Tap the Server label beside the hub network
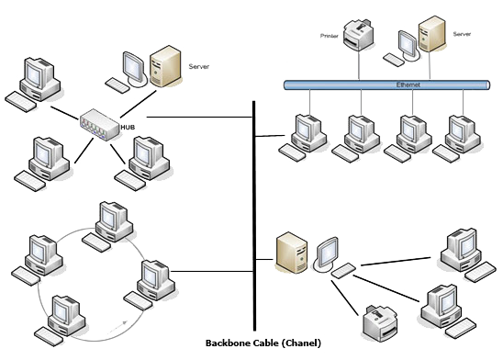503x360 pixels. (199, 66)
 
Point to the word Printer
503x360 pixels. (329, 37)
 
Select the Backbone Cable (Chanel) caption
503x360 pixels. (263, 343)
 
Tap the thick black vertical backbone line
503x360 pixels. (253, 211)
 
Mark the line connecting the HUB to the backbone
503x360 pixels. (197, 118)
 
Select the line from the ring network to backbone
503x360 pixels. (211, 270)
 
